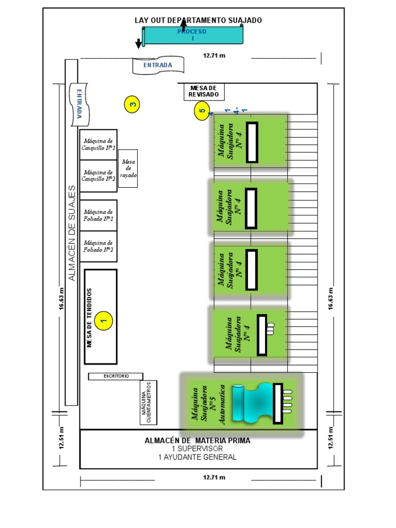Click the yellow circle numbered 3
133,104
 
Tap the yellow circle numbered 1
104,320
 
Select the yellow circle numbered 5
202,110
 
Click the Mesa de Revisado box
204,92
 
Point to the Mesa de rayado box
128,168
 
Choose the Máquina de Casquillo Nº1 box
98,144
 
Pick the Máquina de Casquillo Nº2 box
98,176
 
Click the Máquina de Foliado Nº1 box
98,215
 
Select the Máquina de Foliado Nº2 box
98,246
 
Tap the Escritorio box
115,376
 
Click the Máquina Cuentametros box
148,403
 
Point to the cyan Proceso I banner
192,35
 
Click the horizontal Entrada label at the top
158,65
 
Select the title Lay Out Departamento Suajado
199,20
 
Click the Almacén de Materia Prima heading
198,441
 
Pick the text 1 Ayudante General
198,457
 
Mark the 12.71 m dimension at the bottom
214,477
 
